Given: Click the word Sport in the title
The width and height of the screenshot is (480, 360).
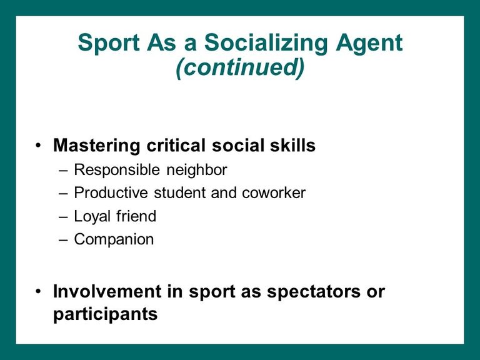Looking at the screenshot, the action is coord(109,43).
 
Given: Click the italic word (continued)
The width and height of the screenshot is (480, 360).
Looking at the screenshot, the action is coord(240,67).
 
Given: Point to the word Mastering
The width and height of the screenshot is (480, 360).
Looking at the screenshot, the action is coord(96,146).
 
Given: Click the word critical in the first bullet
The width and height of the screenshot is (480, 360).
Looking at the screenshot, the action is coord(176,145).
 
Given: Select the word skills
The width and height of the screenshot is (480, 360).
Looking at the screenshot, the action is coord(292,145).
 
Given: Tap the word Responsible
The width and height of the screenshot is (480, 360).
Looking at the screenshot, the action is coord(117,171).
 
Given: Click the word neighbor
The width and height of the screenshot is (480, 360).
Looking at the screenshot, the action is coord(197,171).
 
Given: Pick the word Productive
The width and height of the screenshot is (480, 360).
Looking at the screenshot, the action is coord(111,193).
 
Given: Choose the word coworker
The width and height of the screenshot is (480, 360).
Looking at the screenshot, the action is coord(274,193).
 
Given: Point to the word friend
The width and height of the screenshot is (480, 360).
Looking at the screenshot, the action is coord(136,216).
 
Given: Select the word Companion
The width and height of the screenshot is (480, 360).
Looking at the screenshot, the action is coord(114,240).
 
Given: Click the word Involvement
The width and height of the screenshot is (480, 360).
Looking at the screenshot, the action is coord(107,291).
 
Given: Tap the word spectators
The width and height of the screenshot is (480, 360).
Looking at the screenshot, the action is coord(313,292).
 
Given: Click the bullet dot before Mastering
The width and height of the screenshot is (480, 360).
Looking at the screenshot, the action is coord(38,145).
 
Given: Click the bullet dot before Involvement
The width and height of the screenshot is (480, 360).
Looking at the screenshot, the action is coord(38,291).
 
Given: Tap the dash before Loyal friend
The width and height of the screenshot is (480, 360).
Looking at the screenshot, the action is coord(63,217).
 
